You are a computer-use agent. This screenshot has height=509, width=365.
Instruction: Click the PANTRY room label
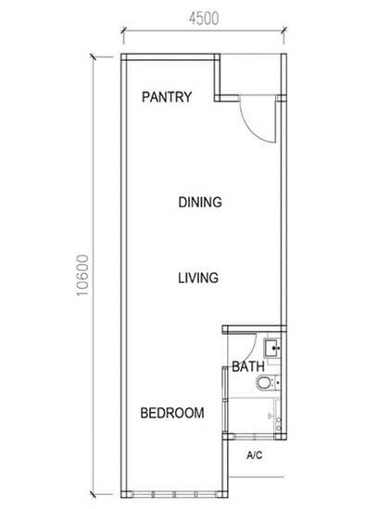pos(167,97)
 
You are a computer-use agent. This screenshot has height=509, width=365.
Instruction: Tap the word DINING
pos(200,202)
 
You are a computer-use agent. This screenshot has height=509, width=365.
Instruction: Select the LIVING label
pos(198,278)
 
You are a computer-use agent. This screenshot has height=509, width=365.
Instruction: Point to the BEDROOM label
pos(172,413)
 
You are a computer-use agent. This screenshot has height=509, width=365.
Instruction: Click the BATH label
pos(248,366)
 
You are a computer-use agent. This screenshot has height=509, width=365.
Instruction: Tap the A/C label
pos(254,455)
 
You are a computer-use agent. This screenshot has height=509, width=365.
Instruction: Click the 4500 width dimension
pos(204,19)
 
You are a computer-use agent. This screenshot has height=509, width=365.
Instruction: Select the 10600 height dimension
pos(82,275)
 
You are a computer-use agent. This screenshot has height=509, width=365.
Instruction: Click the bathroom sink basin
pos(271,348)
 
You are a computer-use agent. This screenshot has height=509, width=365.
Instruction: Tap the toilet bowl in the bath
pos(264,382)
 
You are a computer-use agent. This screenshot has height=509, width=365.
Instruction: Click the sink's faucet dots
pos(277,348)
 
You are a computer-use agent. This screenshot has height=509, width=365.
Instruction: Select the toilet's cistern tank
pos(277,382)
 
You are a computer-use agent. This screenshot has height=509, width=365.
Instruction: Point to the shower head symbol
pos(271,416)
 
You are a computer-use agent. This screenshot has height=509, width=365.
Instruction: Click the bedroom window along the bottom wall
pos(174,494)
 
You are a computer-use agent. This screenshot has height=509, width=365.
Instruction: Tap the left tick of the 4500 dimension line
pos(123,31)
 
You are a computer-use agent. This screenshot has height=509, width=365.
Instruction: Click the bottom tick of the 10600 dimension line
pos(94,494)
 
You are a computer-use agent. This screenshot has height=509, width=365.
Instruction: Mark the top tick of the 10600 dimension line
pos(94,57)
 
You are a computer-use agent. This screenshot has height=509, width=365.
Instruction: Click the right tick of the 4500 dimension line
pos(283,31)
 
